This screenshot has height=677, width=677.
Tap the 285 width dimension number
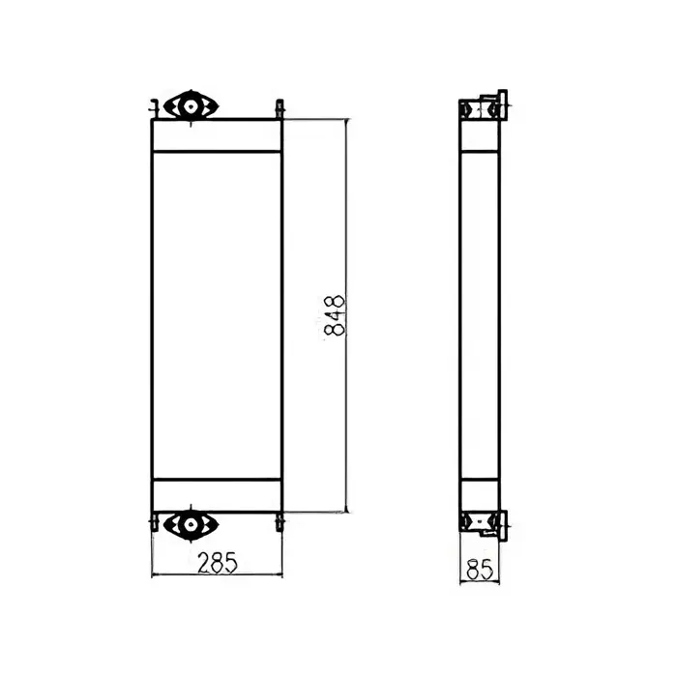pyautogui.click(x=216, y=560)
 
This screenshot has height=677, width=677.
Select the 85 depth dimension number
pyautogui.click(x=479, y=569)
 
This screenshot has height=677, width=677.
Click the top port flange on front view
pyautogui.click(x=191, y=105)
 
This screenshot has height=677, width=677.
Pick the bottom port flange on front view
pyautogui.click(x=190, y=524)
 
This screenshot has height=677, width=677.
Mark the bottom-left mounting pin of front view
pyautogui.click(x=154, y=522)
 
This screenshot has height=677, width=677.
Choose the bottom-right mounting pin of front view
pyautogui.click(x=280, y=522)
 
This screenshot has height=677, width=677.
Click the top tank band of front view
pyautogui.click(x=217, y=136)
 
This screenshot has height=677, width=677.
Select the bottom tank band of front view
pyautogui.click(x=217, y=495)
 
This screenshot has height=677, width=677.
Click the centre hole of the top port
pyautogui.click(x=190, y=105)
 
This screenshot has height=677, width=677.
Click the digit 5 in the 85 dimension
pyautogui.click(x=486, y=569)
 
